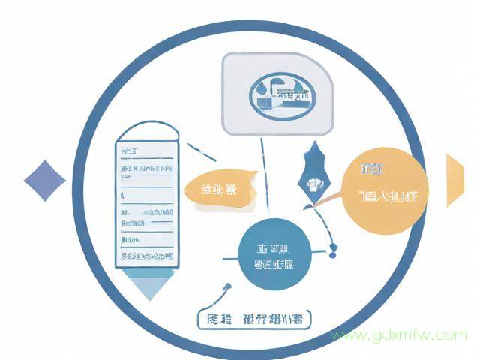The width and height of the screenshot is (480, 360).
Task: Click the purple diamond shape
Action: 45,181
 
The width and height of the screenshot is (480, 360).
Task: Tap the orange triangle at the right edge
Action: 454,180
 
